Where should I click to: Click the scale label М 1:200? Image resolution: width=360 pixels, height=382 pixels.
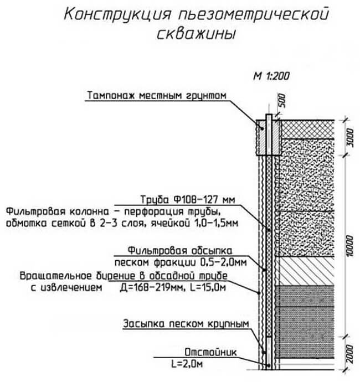click(271, 76)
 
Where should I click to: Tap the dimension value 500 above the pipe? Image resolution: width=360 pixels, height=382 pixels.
click(281, 100)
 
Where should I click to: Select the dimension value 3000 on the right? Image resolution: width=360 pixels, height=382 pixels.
click(350, 138)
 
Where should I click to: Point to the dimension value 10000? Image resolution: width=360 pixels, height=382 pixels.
click(350, 246)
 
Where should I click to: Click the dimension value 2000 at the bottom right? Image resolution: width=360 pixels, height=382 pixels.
click(350, 354)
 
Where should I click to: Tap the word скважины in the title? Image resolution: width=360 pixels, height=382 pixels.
click(196, 34)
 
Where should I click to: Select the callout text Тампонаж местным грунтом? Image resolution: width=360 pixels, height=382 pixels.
click(157, 95)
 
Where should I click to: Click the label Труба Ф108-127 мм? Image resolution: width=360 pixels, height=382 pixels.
click(188, 199)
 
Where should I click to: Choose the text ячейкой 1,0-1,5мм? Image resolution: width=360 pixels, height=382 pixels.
click(194, 223)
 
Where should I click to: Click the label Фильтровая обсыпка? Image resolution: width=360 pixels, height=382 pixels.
click(180, 250)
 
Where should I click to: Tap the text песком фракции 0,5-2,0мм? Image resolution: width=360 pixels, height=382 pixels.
click(181, 262)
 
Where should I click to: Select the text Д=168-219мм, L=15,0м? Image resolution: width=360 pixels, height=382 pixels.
click(173, 288)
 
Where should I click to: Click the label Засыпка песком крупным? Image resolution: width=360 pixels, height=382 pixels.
click(186, 324)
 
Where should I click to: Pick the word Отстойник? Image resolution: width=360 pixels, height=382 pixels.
click(210, 352)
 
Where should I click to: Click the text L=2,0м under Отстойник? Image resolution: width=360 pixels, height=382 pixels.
click(187, 364)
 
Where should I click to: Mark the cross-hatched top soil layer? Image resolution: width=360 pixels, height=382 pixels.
click(307, 130)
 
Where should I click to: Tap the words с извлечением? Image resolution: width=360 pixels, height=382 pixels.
click(66, 288)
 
